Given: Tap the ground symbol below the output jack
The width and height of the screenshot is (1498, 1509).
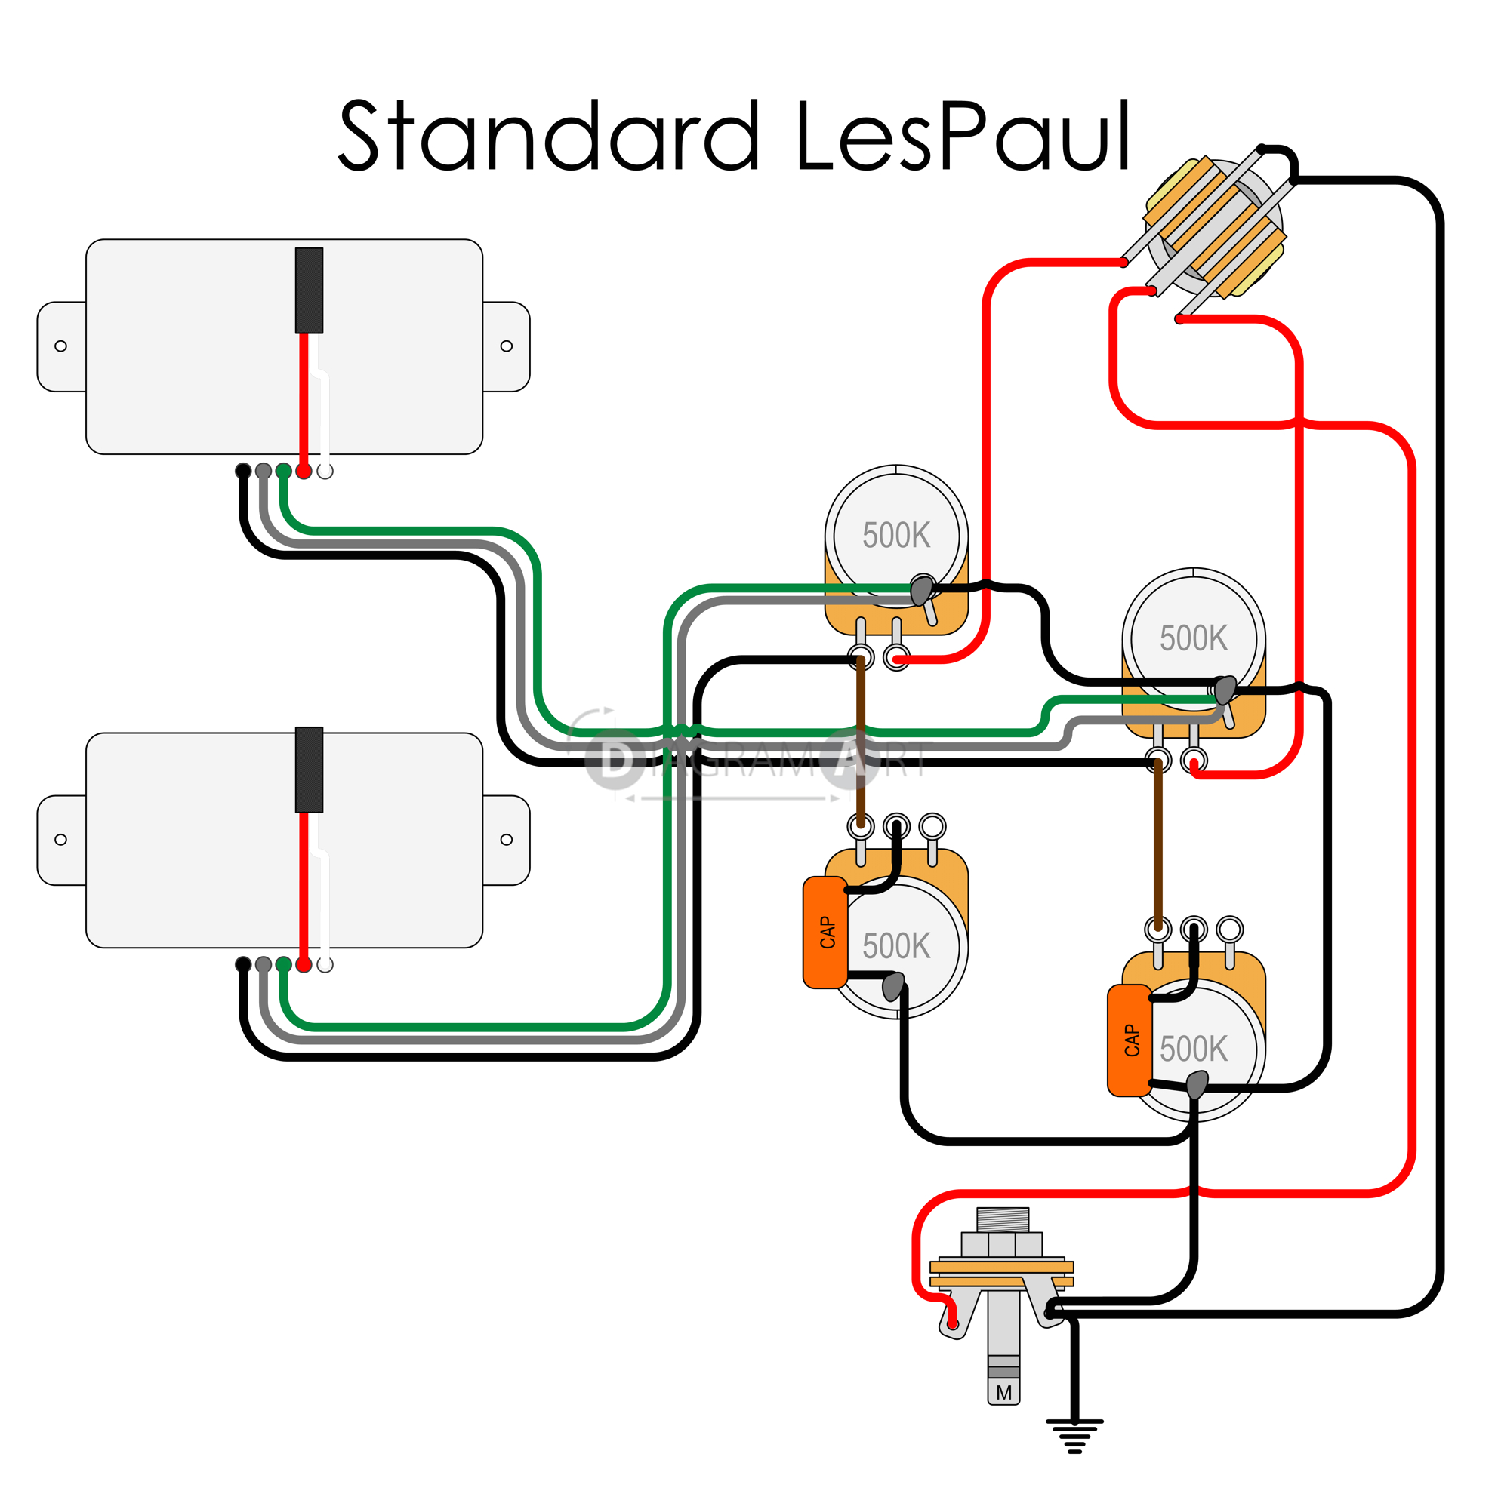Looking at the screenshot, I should (x=1074, y=1434).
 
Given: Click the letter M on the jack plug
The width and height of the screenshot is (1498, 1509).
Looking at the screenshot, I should (x=1004, y=1392).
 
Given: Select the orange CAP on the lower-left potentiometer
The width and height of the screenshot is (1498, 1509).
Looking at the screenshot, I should (x=825, y=933).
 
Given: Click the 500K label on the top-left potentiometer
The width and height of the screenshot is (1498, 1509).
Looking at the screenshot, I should (x=896, y=536).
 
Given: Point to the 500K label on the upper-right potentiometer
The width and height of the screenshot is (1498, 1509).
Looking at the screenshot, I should (x=1193, y=638).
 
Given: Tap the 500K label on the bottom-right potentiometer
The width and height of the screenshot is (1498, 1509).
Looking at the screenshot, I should (x=1193, y=1048).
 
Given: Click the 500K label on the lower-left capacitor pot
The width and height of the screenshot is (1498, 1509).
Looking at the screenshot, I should (x=896, y=946).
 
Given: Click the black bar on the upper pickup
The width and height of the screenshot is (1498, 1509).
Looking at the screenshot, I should (x=309, y=290).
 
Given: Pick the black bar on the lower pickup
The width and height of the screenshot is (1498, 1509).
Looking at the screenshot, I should (x=309, y=770).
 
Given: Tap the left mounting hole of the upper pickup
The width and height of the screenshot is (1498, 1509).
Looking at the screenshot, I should (x=60, y=346).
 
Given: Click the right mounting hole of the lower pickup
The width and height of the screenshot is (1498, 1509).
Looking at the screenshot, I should (x=507, y=840).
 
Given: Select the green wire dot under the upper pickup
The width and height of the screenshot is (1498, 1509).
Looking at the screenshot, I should (x=284, y=471).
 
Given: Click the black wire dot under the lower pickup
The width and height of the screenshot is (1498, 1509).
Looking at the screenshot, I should (x=243, y=964).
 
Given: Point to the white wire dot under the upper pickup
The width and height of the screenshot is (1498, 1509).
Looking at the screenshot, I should (x=325, y=471).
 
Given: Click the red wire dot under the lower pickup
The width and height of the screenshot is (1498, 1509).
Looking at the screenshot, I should (x=304, y=964).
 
